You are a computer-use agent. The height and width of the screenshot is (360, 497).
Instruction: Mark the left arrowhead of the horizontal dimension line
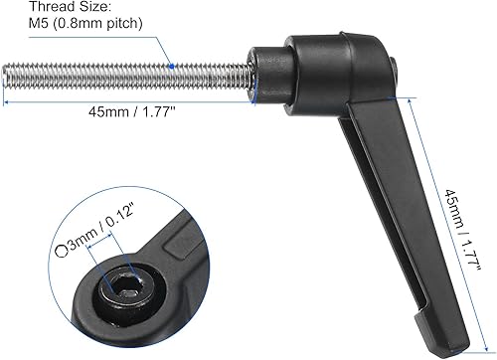tap(6, 100)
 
